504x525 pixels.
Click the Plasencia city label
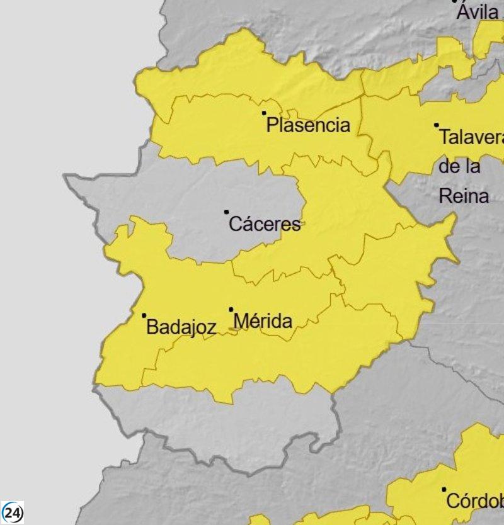point(308,125)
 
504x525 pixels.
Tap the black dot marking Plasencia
point(264,113)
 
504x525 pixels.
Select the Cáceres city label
point(265,223)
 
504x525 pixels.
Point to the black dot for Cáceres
point(227,212)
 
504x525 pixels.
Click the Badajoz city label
point(181,327)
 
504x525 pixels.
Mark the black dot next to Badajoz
point(144,315)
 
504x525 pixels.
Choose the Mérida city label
point(263,322)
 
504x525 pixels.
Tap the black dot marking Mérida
point(231,309)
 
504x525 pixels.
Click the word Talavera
point(471,137)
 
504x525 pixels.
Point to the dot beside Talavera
point(436,125)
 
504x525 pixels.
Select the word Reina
point(464,196)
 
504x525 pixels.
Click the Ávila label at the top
point(478,12)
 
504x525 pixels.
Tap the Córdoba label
point(474,501)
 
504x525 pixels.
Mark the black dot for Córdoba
point(444,489)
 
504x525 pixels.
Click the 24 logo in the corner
point(13,512)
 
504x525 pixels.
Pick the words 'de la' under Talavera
point(459,167)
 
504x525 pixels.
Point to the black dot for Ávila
point(455,1)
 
